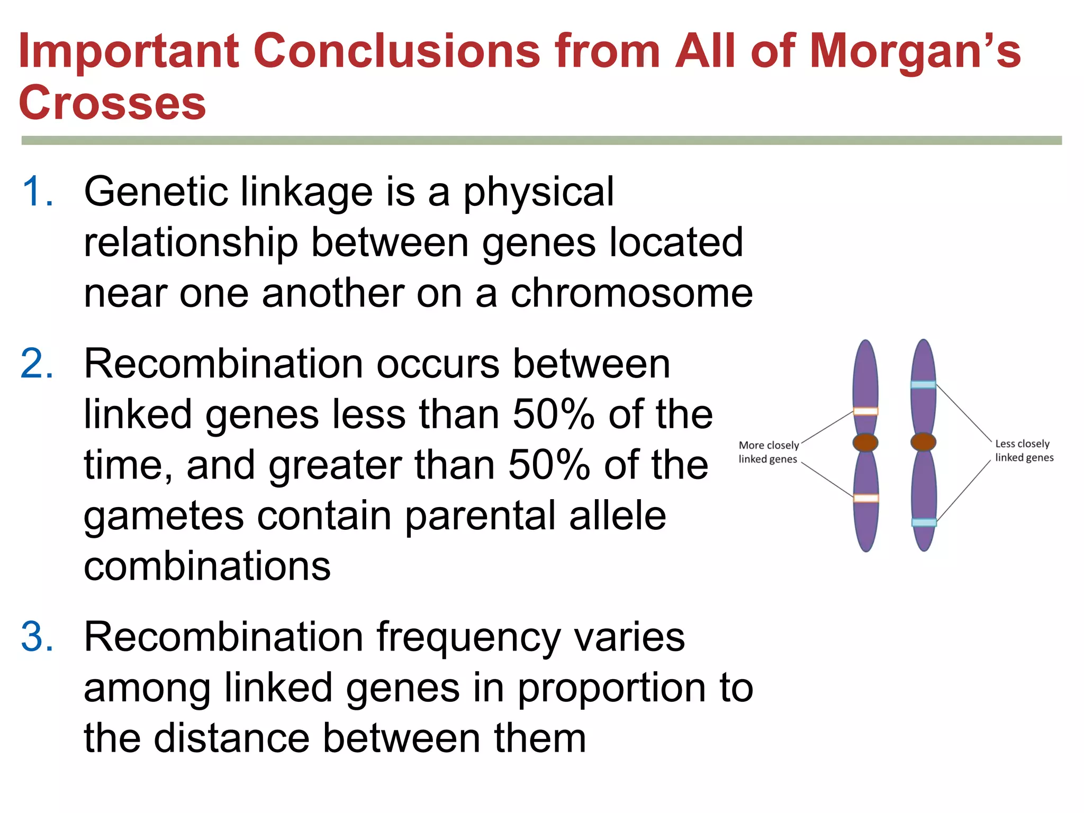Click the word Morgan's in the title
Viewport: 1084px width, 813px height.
click(915, 51)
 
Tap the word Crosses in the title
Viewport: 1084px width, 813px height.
click(112, 103)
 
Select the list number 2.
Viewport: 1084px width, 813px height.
click(37, 364)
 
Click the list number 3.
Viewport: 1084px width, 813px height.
click(37, 637)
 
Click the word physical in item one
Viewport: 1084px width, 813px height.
click(539, 192)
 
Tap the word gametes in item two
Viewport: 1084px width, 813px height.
click(164, 516)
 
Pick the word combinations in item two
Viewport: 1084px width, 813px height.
click(207, 566)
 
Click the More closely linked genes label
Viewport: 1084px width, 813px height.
click(768, 452)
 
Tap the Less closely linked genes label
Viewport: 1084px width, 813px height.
click(1024, 450)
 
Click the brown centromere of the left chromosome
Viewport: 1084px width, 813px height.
click(865, 442)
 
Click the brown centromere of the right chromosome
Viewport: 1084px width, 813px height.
click(923, 442)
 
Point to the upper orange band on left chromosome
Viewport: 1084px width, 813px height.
click(865, 411)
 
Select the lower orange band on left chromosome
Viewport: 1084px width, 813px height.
click(866, 498)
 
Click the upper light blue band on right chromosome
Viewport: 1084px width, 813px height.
click(923, 385)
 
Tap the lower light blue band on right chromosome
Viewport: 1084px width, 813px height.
click(924, 522)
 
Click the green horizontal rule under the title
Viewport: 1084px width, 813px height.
click(541, 140)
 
